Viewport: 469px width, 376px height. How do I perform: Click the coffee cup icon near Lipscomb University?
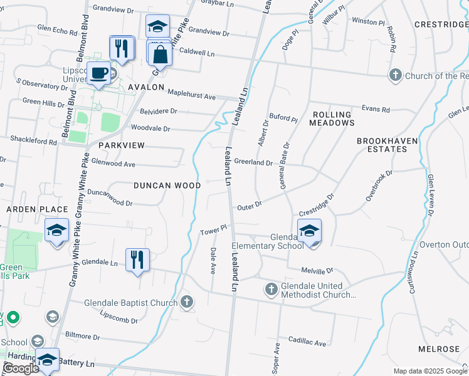click(98, 73)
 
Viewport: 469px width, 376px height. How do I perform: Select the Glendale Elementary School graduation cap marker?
click(308, 231)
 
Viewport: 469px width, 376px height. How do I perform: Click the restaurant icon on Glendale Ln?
click(137, 259)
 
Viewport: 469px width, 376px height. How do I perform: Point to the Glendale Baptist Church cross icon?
click(186, 303)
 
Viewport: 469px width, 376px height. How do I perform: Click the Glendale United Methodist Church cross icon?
click(271, 289)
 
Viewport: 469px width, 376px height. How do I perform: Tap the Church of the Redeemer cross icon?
click(395, 76)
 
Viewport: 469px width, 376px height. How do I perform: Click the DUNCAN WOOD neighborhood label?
click(167, 185)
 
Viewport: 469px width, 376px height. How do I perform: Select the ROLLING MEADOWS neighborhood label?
click(333, 118)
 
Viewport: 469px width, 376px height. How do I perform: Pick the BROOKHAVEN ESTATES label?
click(387, 145)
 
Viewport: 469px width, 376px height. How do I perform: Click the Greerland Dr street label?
click(253, 162)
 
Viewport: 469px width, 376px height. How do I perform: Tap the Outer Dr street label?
click(248, 206)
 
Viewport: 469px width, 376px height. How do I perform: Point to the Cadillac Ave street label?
click(307, 343)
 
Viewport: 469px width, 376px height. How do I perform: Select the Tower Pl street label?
click(213, 231)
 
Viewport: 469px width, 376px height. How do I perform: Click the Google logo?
click(21, 368)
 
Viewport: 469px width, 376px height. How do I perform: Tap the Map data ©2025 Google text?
click(429, 371)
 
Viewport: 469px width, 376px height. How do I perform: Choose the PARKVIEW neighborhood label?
click(122, 145)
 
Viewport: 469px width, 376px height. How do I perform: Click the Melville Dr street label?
click(317, 271)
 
